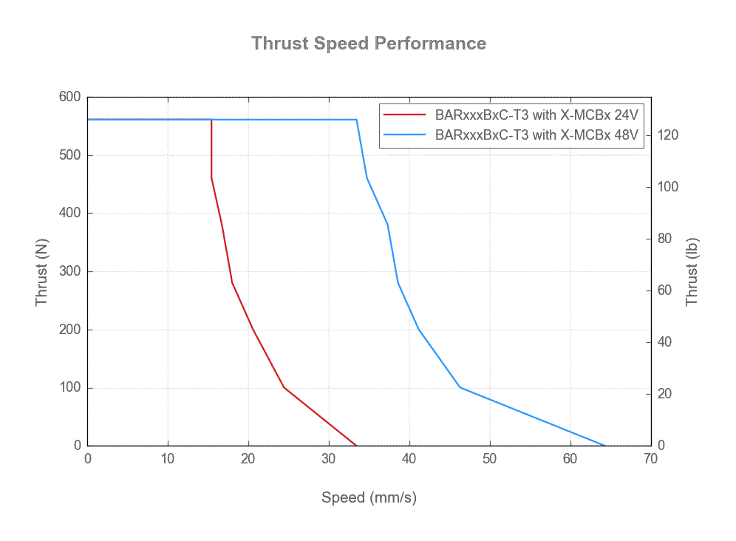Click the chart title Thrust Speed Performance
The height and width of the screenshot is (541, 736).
(x=369, y=43)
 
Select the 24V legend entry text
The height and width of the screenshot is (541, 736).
(x=536, y=115)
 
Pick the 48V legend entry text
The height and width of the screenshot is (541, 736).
(x=536, y=135)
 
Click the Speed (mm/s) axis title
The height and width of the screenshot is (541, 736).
(x=369, y=497)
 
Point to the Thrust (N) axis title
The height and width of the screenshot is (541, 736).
(x=42, y=272)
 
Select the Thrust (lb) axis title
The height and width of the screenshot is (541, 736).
(x=692, y=272)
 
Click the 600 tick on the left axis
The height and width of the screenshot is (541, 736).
(x=69, y=97)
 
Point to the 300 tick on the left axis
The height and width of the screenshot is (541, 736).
(x=69, y=271)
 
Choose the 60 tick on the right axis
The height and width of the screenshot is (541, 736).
(x=666, y=290)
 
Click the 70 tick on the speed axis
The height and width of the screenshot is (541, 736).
(x=650, y=459)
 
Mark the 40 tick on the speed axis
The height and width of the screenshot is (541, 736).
(x=409, y=459)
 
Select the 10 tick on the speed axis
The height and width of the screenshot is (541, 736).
(x=168, y=459)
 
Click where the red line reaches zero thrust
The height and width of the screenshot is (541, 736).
(x=356, y=446)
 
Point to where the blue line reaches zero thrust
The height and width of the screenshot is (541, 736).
(x=605, y=446)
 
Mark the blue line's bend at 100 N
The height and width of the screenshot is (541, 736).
(x=460, y=387)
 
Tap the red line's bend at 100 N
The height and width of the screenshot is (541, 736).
(x=284, y=387)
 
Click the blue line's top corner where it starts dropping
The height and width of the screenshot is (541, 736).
(x=356, y=120)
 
